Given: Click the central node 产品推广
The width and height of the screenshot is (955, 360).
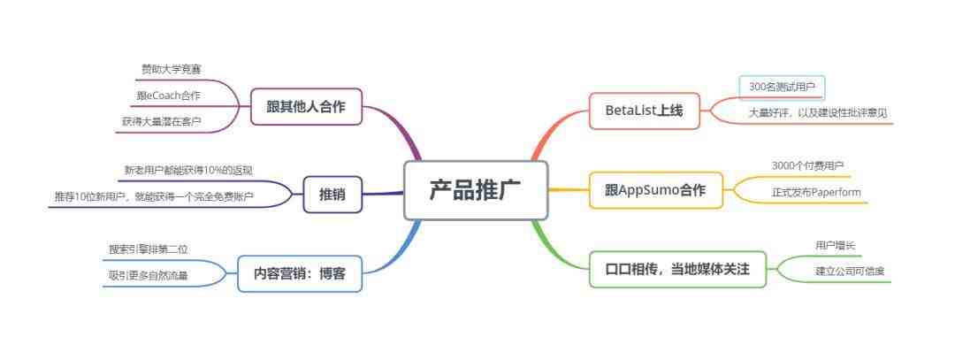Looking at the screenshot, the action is [x=477, y=190].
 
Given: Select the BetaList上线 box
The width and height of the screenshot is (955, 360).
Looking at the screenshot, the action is [x=645, y=111].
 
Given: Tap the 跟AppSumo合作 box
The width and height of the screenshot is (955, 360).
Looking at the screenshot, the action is [x=656, y=190].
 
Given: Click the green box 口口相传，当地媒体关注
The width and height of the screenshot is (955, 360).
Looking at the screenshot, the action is [x=677, y=269].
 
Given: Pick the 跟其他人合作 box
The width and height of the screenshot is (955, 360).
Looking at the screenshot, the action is [x=306, y=107].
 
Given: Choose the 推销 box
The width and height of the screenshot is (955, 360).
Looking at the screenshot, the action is [x=332, y=195].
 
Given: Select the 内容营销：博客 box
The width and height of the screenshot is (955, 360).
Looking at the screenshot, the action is [x=300, y=273].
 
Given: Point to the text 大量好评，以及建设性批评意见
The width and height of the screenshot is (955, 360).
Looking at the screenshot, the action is [x=818, y=112].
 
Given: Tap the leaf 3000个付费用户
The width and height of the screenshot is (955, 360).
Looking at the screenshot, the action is [x=807, y=165].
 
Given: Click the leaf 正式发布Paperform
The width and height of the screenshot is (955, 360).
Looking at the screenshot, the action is [x=817, y=193].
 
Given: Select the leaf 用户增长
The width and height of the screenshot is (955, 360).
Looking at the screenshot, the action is [x=835, y=246].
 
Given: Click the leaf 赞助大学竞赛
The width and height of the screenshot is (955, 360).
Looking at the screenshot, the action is [x=172, y=70].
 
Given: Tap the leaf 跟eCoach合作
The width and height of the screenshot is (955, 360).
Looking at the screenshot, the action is [x=169, y=96].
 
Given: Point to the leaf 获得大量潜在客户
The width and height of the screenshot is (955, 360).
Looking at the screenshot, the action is [x=162, y=122].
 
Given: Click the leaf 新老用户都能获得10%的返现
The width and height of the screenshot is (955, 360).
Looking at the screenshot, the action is [x=188, y=170].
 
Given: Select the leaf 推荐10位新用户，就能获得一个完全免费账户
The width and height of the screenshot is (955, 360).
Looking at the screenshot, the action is [x=154, y=196].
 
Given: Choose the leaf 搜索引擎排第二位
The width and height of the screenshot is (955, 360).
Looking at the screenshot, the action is [x=148, y=249].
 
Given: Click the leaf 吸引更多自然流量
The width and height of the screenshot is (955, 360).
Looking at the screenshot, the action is [x=148, y=276].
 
